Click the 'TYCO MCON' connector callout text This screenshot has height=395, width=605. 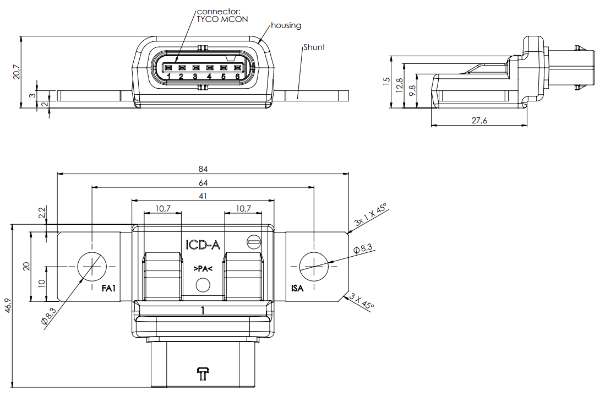tap(222, 19)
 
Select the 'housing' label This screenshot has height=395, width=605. tap(286, 25)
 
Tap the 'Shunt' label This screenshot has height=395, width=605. tap(314, 47)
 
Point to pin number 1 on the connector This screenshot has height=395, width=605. tap(168, 77)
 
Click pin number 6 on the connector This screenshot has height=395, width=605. tap(237, 77)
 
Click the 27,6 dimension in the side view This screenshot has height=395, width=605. tap(480, 121)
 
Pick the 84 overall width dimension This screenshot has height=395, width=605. tap(204, 169)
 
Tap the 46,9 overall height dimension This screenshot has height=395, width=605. tap(7, 306)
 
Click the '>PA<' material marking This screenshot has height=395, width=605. tap(203, 269)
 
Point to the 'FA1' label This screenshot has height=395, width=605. tap(108, 288)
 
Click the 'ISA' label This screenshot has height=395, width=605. tap(297, 288)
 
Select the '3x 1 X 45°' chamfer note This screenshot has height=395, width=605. tap(370, 215)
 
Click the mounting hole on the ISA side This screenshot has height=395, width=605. tap(314, 267)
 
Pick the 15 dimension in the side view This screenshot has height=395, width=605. tap(386, 80)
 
